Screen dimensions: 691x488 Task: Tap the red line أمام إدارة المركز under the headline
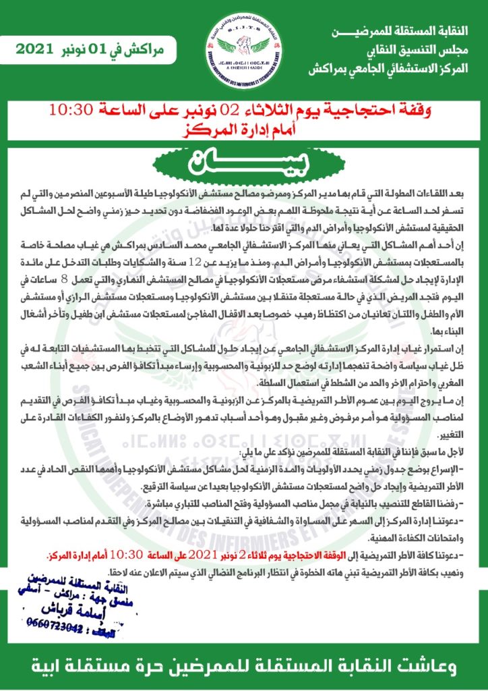[245, 128]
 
